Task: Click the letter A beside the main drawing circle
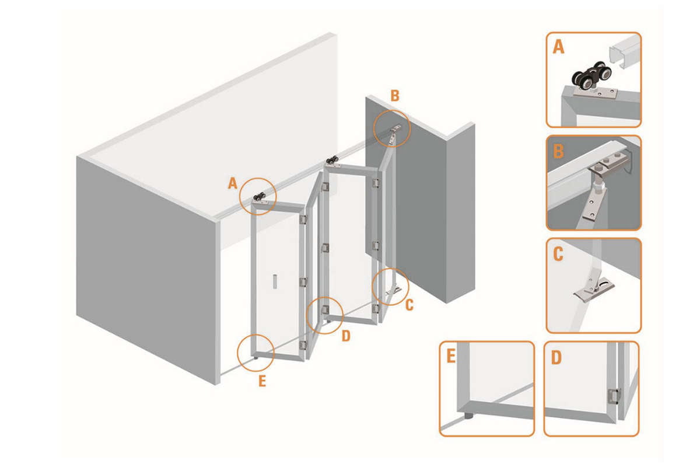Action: [x=232, y=184]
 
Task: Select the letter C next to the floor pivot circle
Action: [x=409, y=304]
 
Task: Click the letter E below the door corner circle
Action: [x=262, y=382]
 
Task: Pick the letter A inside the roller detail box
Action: [x=558, y=47]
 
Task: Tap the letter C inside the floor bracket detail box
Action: [x=558, y=254]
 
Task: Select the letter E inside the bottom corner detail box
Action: [x=451, y=357]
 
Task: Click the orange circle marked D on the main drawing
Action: [x=324, y=315]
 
